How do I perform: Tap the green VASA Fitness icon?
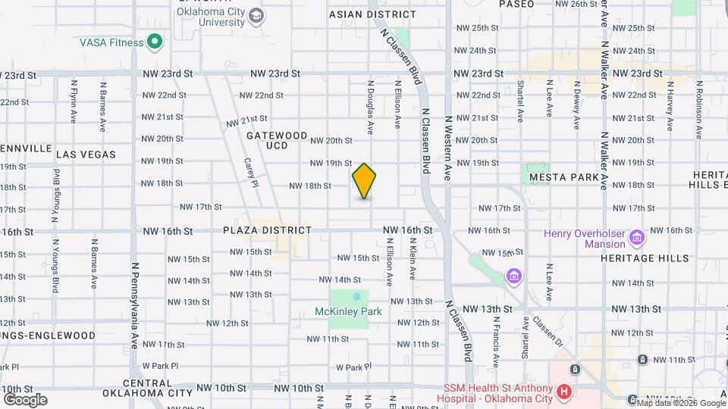155,42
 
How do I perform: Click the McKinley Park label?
348,311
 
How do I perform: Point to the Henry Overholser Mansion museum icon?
637,239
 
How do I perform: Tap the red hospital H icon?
564,392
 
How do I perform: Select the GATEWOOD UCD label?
278,140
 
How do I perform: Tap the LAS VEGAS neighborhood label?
86,155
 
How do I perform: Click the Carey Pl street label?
251,173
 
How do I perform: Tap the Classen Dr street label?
551,329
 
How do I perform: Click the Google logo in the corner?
25,400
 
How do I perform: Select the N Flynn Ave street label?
74,102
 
